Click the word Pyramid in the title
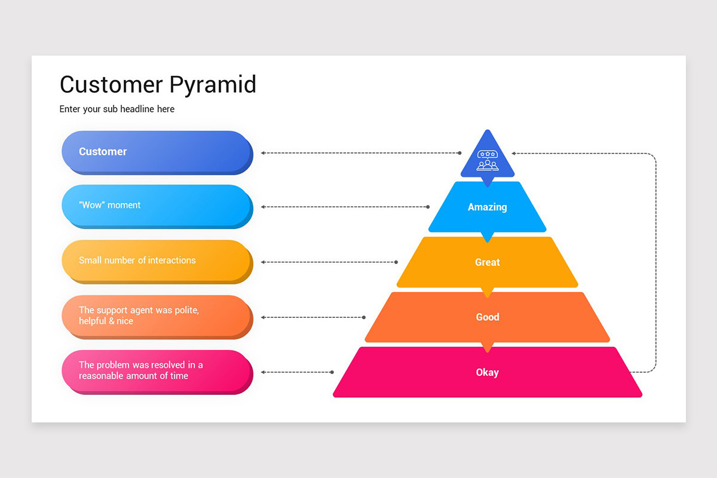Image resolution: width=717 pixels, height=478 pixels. click(213, 85)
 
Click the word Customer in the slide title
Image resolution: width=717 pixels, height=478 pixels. click(111, 85)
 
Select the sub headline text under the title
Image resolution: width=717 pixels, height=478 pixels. click(117, 109)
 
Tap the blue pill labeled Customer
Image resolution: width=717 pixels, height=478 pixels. click(157, 152)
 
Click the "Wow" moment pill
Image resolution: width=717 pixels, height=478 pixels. click(157, 206)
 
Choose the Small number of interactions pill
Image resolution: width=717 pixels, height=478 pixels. click(157, 261)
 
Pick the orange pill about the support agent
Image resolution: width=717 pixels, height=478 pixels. click(157, 316)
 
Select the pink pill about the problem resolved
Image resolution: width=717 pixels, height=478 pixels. click(157, 371)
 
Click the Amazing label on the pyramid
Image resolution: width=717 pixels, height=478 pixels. click(487, 207)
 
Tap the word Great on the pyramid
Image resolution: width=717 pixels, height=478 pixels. click(487, 262)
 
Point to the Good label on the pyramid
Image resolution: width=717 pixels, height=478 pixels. click(487, 317)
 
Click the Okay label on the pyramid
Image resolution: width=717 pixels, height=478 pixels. click(487, 372)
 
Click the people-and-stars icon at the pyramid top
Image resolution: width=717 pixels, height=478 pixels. click(488, 160)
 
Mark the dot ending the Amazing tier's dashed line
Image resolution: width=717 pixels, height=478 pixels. click(428, 207)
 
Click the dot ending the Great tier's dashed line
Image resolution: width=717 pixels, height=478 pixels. click(396, 262)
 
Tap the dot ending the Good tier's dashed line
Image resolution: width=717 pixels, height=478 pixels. click(364, 317)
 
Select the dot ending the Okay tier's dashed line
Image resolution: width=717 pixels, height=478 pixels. click(332, 372)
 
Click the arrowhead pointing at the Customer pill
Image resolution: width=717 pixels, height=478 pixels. click(263, 153)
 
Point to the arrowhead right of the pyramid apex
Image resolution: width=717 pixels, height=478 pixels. click(514, 153)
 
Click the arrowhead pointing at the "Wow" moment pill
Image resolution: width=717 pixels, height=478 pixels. click(263, 207)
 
